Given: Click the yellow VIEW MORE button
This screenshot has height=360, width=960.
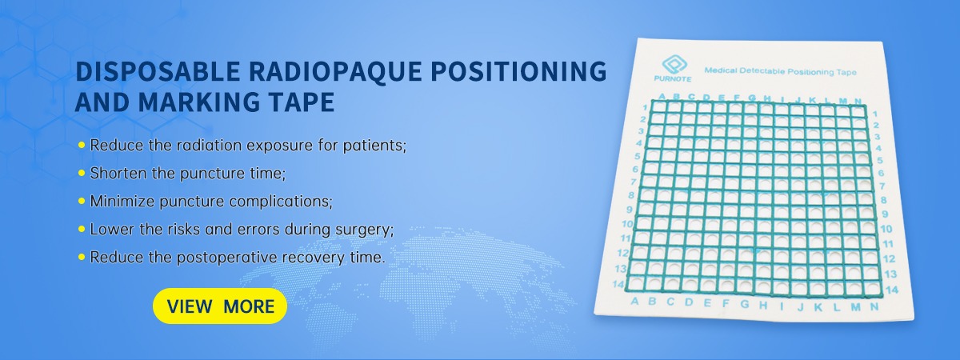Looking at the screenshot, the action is tap(220, 306).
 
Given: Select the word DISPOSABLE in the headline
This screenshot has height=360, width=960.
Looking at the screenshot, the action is tap(158, 71).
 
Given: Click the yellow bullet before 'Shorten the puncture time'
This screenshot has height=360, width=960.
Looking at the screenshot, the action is tap(82, 173).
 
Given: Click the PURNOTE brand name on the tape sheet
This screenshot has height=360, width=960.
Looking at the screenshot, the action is tap(673, 79).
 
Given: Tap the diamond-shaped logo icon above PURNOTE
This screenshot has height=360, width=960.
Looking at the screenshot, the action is tap(674, 64).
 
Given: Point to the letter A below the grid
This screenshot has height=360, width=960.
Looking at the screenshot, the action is tap(634, 302).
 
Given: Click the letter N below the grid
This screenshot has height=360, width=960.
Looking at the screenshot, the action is tap(874, 306).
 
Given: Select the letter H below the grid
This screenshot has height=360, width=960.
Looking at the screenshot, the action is tap(763, 305).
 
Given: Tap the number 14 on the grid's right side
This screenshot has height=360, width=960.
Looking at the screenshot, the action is tap(892, 290).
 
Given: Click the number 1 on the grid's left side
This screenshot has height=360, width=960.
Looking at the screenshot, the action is tap(646, 107).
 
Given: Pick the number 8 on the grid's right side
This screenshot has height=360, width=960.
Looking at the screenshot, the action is tap(883, 200).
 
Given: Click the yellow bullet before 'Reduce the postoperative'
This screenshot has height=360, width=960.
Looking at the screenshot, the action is tap(82, 257).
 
